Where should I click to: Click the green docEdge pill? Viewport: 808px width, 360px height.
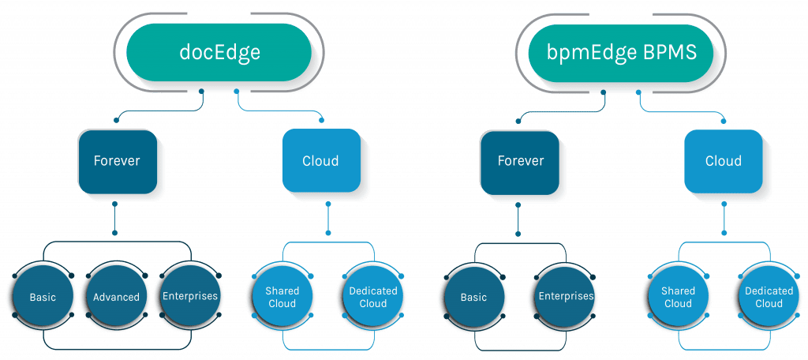tap(219, 53)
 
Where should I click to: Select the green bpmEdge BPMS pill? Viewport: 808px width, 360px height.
tap(621, 53)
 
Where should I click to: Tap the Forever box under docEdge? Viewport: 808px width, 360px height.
tap(117, 161)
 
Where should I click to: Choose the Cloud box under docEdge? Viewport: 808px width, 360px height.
tap(321, 160)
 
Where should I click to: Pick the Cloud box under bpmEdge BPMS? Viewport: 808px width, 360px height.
tap(724, 161)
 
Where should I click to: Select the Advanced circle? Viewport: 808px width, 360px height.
tap(116, 297)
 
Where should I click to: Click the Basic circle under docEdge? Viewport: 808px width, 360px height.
tap(43, 297)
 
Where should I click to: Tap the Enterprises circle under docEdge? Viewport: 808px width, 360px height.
tap(189, 296)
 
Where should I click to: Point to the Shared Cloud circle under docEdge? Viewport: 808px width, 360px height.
tap(282, 297)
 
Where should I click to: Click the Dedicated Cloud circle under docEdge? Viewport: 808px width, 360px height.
tap(373, 297)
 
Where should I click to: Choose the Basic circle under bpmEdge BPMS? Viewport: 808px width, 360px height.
tap(473, 297)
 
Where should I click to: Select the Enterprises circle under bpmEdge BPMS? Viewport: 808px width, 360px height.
tap(565, 296)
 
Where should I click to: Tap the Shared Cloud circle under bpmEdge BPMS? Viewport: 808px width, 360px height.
tap(678, 297)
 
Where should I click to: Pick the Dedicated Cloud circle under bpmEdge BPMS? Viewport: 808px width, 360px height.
tap(769, 297)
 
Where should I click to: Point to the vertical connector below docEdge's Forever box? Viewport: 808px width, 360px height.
tap(115, 218)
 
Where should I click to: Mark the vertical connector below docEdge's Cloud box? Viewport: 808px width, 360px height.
tap(328, 218)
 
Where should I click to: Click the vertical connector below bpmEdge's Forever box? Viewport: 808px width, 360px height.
tap(518, 219)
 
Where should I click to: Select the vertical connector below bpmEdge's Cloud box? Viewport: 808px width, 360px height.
tap(724, 218)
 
